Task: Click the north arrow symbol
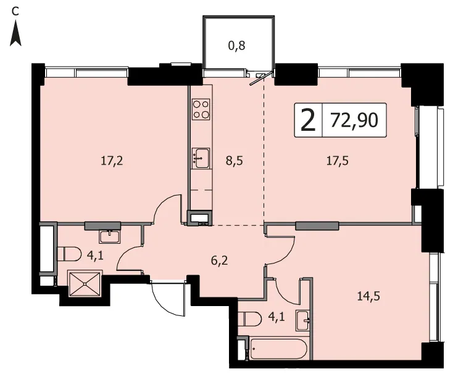point(15,34)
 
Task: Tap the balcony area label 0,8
point(236,46)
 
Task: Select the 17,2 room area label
point(112,161)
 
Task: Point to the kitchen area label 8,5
point(235,161)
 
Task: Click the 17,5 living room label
point(338,161)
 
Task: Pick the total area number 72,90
point(354,120)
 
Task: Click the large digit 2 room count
point(309,120)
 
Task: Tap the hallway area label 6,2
point(220,260)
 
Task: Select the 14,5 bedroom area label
point(368,296)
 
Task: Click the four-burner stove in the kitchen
point(201,109)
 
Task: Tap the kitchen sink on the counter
point(201,158)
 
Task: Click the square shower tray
point(85,284)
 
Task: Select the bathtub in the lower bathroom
point(278,349)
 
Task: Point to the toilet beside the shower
point(69,254)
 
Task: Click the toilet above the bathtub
point(250,319)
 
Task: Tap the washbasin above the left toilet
point(110,236)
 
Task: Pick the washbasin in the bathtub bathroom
point(303,320)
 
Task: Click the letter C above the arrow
point(15,12)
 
